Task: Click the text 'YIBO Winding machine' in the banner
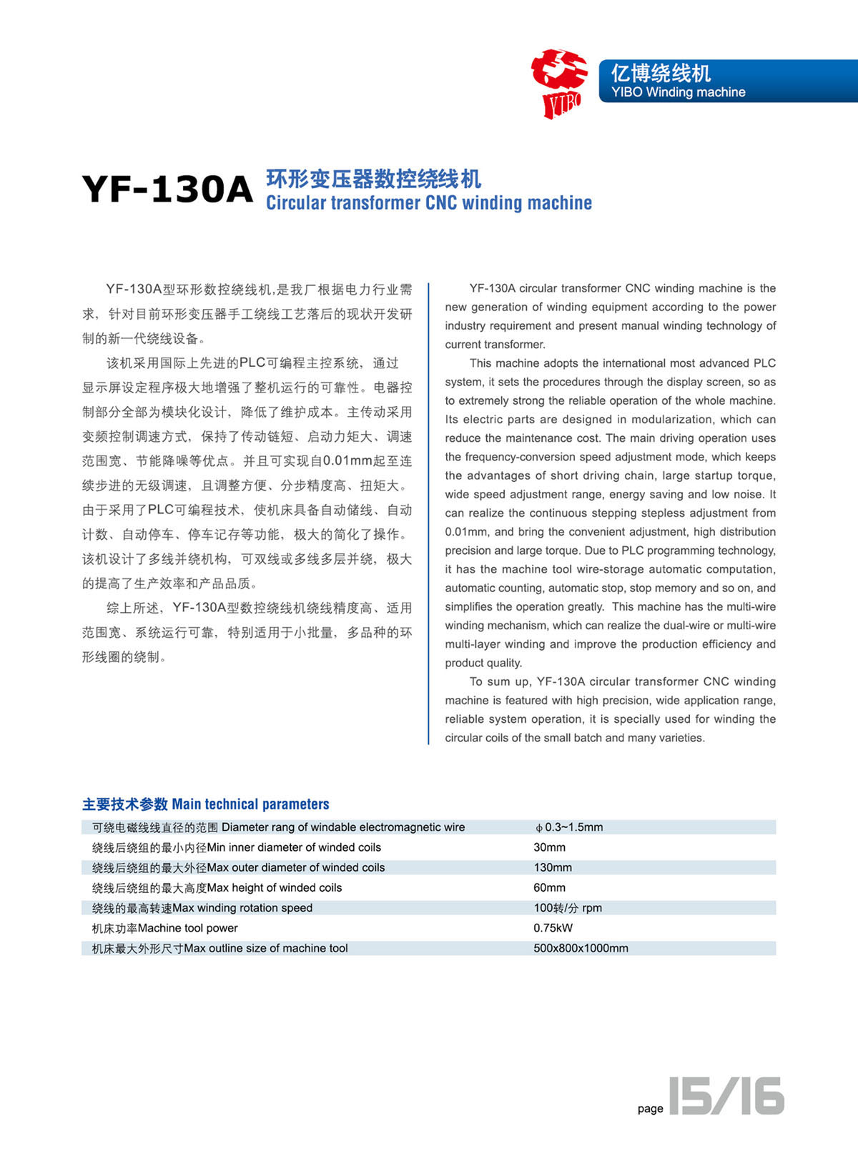(678, 92)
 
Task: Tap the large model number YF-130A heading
(167, 189)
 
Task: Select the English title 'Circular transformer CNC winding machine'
(429, 203)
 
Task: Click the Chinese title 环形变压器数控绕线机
(373, 178)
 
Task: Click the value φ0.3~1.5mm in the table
(569, 827)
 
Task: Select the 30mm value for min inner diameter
(549, 847)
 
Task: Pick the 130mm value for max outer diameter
(552, 867)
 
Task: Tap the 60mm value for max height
(549, 887)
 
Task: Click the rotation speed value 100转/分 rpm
(568, 908)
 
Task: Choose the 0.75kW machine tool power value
(553, 928)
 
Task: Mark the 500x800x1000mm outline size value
(581, 948)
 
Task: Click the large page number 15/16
(726, 1096)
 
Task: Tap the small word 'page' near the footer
(650, 1108)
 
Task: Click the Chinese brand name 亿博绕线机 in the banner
(661, 73)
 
